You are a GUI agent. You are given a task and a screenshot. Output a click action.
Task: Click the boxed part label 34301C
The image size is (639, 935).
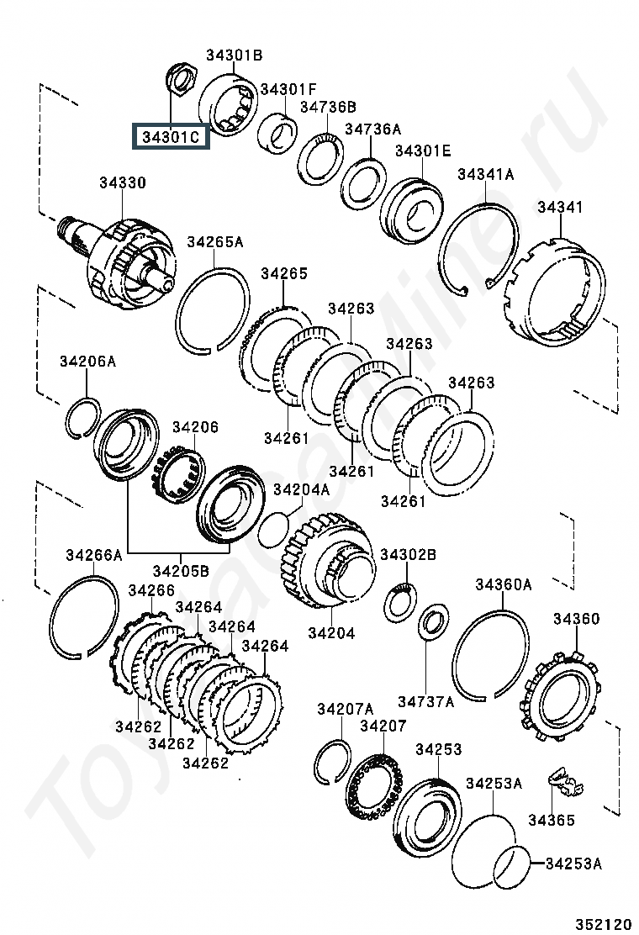pyautogui.click(x=171, y=137)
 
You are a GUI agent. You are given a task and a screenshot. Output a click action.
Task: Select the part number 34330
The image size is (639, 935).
pyautogui.click(x=122, y=182)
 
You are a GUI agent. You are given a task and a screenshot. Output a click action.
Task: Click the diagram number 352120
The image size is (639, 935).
pyautogui.click(x=603, y=924)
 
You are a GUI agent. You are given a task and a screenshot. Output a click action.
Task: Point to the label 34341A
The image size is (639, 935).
pyautogui.click(x=486, y=174)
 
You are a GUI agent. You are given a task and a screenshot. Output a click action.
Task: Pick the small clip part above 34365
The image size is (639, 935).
pyautogui.click(x=565, y=782)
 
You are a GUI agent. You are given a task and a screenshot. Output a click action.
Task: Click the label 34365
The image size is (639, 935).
pyautogui.click(x=552, y=820)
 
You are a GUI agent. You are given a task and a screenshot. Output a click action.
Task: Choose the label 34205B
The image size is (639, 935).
pyautogui.click(x=181, y=571)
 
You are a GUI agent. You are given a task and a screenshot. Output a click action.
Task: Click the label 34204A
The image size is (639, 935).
pyautogui.click(x=301, y=489)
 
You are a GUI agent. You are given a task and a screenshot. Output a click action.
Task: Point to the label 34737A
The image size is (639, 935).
pyautogui.click(x=425, y=701)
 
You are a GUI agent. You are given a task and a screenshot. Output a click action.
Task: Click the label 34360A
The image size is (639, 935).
pyautogui.click(x=503, y=584)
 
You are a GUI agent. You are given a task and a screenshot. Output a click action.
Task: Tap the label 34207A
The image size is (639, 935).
pyautogui.click(x=345, y=709)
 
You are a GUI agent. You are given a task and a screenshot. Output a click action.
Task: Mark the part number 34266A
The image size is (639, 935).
pyautogui.click(x=93, y=555)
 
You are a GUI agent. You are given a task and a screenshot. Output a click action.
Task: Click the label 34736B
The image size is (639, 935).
pyautogui.click(x=327, y=107)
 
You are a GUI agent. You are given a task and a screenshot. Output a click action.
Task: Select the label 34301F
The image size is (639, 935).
pyautogui.click(x=288, y=89)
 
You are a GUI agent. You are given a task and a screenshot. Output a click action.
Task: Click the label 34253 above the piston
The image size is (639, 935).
pyautogui.click(x=438, y=749)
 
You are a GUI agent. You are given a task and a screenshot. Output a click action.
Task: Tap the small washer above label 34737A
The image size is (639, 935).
pyautogui.click(x=434, y=621)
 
